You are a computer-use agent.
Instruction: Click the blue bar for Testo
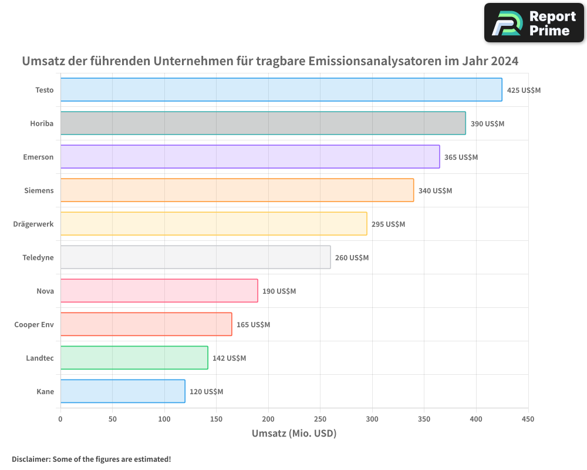pos(281,90)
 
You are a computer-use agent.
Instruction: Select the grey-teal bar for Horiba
pos(263,123)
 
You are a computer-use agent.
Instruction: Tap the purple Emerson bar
pos(250,157)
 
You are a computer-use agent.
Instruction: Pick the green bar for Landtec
pos(134,358)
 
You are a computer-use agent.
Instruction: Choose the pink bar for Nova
pos(159,291)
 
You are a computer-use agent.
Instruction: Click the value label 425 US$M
pos(524,90)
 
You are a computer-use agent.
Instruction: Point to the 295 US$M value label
pos(388,224)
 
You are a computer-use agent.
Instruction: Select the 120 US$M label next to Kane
pos(206,392)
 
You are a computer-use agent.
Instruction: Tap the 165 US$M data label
pos(253,325)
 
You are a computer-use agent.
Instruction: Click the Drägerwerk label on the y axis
pos(33,224)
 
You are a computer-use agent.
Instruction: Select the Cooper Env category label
pos(34,324)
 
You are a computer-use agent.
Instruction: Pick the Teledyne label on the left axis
pos(38,257)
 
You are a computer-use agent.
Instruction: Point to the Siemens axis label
pos(39,190)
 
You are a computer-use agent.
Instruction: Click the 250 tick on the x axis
pos(320,419)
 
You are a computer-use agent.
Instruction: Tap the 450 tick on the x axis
pos(528,419)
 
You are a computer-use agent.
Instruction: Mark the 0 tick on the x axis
pos(60,419)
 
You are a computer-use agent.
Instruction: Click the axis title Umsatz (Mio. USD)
pos(294,434)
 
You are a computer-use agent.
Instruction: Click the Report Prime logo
pos(534,23)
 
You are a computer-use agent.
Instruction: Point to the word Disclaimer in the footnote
pos(31,459)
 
